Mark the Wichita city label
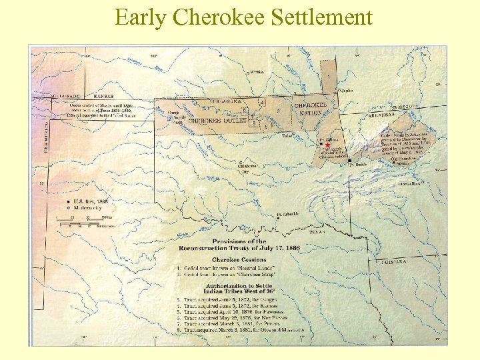coord(256,72)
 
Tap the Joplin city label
coord(347,90)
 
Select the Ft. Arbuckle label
coord(288,215)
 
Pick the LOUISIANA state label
coord(395,262)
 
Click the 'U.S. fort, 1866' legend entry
coord(88,201)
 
